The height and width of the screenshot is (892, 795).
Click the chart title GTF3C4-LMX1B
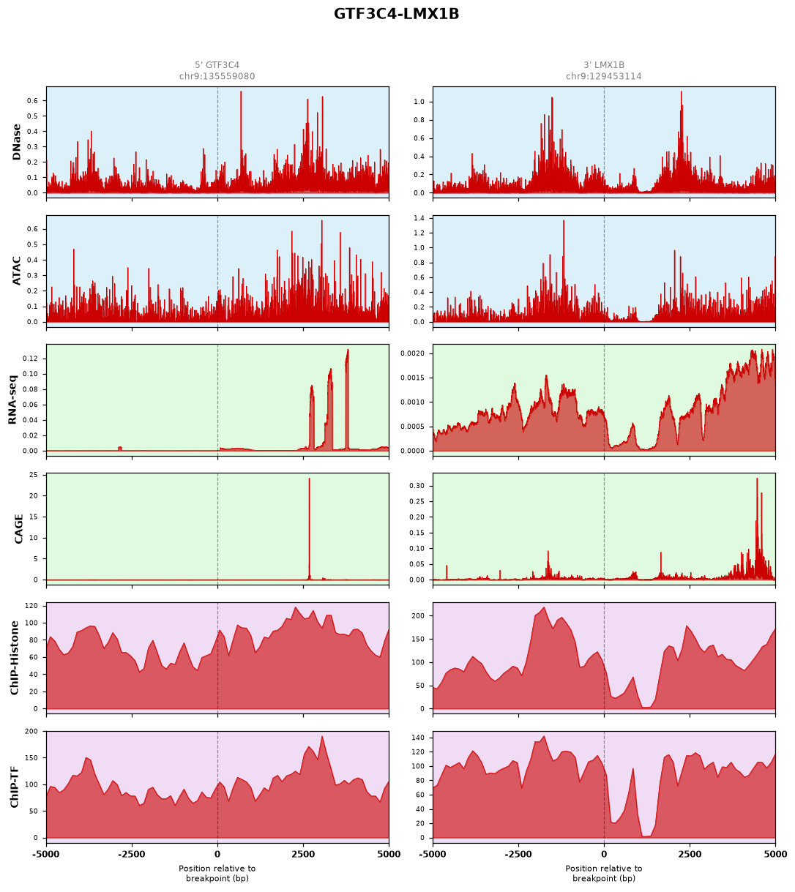coord(396,14)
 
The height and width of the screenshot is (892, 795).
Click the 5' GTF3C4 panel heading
coord(217,65)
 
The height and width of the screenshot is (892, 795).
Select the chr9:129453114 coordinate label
coord(604,76)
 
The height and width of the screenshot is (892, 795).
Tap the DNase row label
coord(16,142)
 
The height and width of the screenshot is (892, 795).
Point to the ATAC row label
coord(16,271)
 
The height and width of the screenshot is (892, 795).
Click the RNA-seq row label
coord(12,400)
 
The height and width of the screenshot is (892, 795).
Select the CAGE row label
coord(18,529)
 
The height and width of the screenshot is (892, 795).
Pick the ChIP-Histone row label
coord(15,658)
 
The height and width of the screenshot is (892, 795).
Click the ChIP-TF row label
coord(15,787)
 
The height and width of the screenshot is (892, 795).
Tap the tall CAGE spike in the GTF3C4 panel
coord(309,528)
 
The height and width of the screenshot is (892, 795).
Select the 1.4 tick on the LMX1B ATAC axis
coord(419,218)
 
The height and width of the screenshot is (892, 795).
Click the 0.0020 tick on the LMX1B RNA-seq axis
coord(413,353)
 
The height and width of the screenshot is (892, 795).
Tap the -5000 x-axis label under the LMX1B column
coord(433,855)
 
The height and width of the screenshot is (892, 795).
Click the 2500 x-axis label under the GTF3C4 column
coord(303,855)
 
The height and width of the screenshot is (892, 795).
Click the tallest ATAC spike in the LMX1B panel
coord(564,271)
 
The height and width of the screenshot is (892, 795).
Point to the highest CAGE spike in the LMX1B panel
coord(757,528)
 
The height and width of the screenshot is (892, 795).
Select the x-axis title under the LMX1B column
coord(604,874)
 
